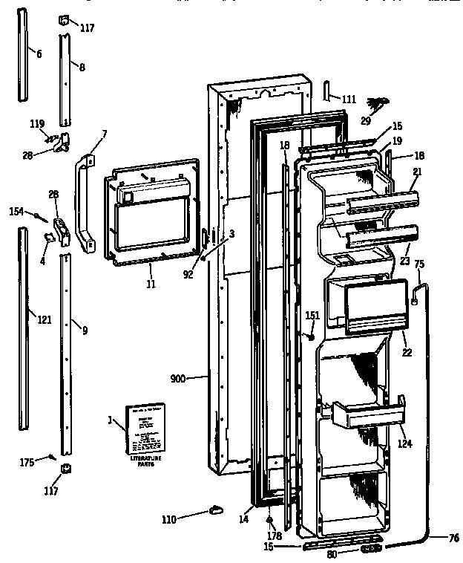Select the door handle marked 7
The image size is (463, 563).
[84, 201]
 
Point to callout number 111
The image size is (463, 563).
[348, 100]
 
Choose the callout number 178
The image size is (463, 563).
[275, 536]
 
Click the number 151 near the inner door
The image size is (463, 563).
[312, 315]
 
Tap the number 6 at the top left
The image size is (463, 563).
[39, 53]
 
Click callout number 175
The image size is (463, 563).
[27, 463]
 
